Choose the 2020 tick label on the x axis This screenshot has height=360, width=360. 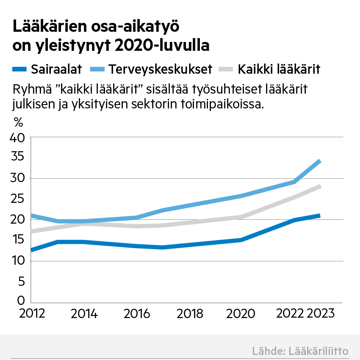click(241, 314)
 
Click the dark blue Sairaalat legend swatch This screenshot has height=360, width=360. click(20, 69)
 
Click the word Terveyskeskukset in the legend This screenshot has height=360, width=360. click(160, 69)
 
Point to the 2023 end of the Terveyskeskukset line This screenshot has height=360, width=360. click(320, 161)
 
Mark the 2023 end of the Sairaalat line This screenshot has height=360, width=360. click(320, 216)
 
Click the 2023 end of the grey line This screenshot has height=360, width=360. click(320, 186)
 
